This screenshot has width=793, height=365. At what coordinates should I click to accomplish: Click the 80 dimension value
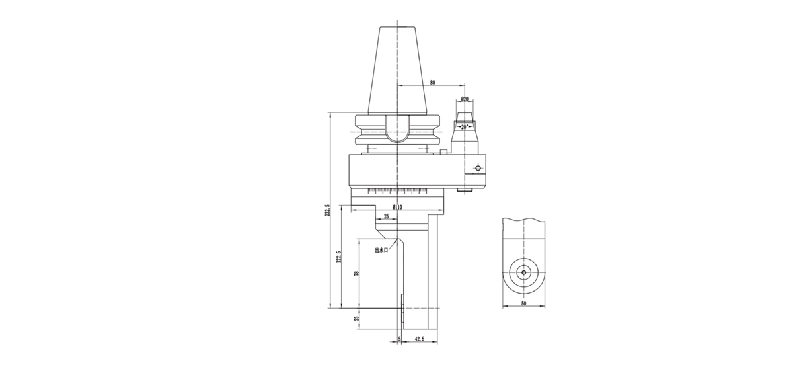coord(432,83)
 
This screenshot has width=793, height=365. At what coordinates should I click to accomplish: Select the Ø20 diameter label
coord(465,99)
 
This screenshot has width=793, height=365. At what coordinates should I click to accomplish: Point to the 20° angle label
coord(465,125)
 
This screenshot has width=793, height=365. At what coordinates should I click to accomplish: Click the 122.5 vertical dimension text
coord(338,257)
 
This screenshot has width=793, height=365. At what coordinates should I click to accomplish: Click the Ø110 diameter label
coord(398,207)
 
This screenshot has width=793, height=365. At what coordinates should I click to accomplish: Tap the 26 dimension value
coord(386,216)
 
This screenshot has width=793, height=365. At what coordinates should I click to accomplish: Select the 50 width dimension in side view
coord(523,303)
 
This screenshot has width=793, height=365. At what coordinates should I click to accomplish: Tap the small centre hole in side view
coord(523,272)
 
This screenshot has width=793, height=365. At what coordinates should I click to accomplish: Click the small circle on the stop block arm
coord(477,168)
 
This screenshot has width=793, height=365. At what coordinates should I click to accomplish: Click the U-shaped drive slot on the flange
coord(398,132)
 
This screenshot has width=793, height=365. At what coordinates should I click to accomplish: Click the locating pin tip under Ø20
coord(465,116)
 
